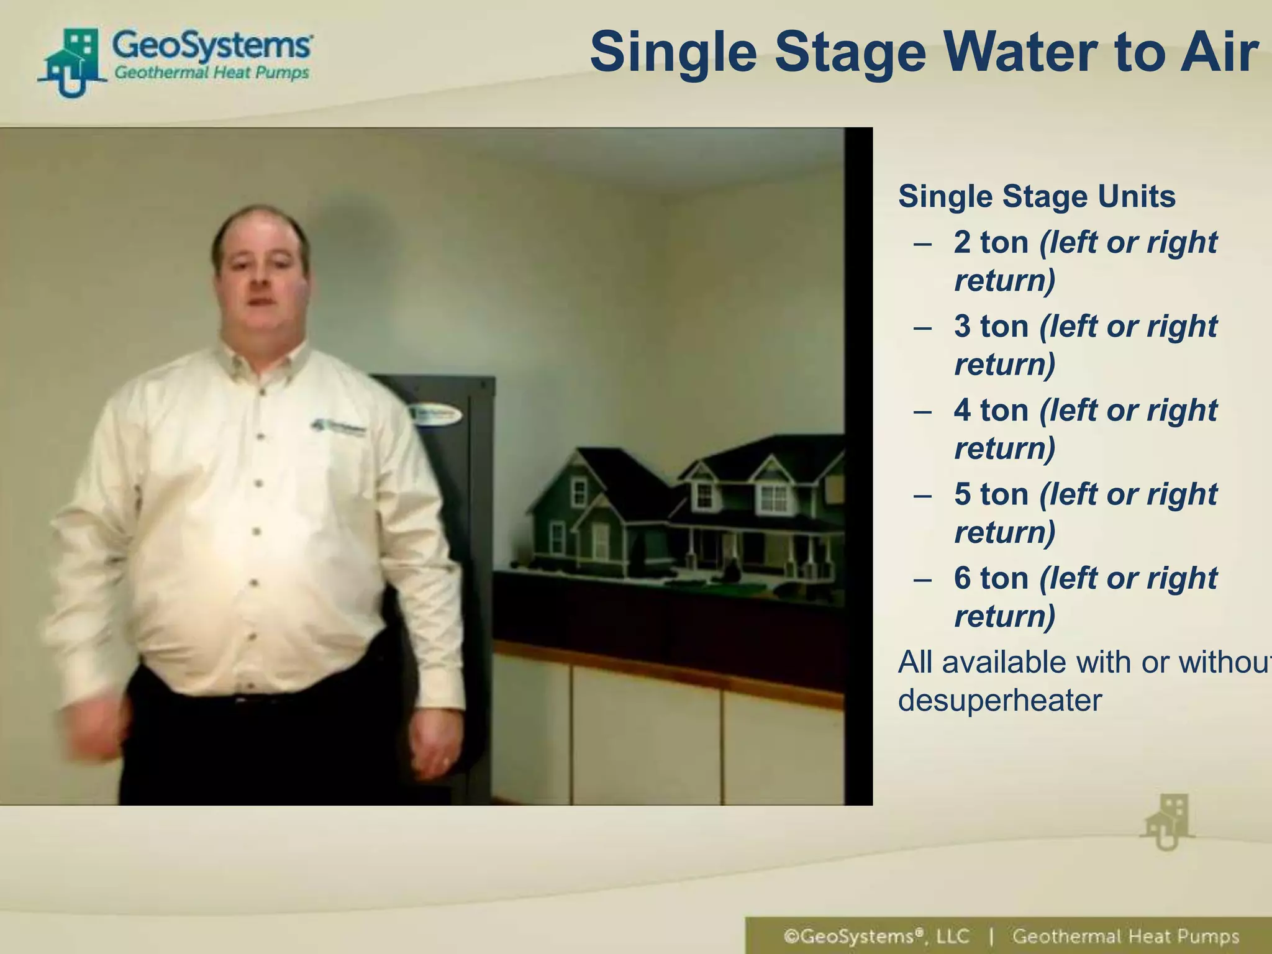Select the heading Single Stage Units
point(1037,196)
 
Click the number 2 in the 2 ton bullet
point(962,242)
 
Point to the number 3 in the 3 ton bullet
point(962,326)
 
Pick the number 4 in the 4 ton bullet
point(962,411)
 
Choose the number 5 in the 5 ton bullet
point(962,494)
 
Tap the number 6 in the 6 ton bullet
point(962,578)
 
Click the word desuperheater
point(1000,701)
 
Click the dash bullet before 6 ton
point(923,579)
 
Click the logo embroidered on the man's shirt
point(338,427)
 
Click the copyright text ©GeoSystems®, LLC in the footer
point(876,936)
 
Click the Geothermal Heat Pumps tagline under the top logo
point(212,73)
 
